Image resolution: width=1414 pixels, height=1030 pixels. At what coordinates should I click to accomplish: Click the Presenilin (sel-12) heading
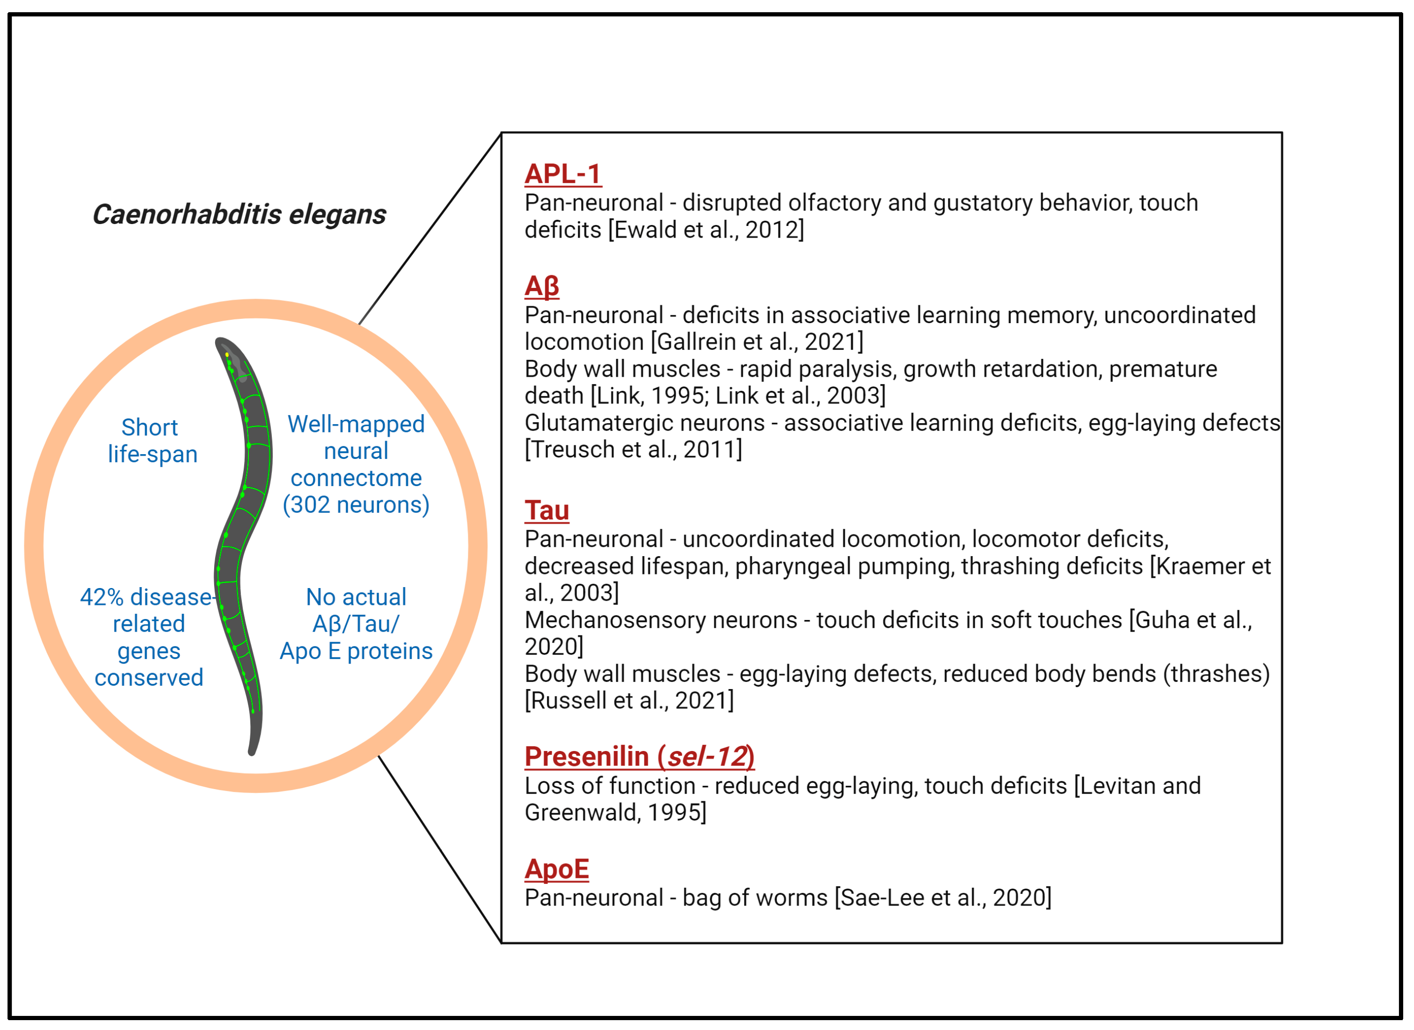click(x=639, y=757)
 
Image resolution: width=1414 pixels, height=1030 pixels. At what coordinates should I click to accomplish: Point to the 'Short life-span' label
click(x=152, y=441)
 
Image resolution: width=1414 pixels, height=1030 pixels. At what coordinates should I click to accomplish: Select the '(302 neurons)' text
click(x=356, y=505)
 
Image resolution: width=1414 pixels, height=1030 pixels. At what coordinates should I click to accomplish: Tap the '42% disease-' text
click(x=147, y=597)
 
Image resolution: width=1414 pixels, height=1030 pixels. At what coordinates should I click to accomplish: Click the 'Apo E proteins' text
click(x=356, y=651)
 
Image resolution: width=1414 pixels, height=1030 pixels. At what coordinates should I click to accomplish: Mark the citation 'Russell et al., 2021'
click(x=629, y=701)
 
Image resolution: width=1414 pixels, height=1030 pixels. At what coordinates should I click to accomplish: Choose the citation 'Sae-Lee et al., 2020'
click(x=942, y=898)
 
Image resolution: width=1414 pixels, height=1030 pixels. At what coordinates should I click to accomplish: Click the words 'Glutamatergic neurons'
click(x=644, y=423)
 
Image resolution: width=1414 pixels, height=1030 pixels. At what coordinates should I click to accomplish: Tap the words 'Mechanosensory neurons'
click(x=660, y=620)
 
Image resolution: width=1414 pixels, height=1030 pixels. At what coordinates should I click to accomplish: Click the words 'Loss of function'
click(x=609, y=786)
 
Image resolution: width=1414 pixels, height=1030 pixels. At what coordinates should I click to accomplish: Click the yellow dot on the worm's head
click(x=227, y=355)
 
